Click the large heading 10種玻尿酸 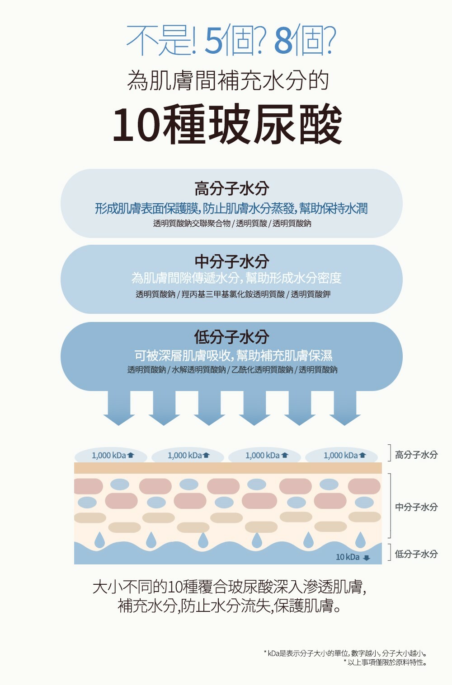227,125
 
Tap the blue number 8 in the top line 283,41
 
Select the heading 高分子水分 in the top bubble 231,188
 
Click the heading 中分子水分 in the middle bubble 231,261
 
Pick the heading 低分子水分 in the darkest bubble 231,337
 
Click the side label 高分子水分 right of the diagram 416,455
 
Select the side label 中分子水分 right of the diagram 416,507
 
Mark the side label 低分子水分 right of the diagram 416,554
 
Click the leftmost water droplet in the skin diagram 99,540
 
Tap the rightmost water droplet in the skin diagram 360,540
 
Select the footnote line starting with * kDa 345,653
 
